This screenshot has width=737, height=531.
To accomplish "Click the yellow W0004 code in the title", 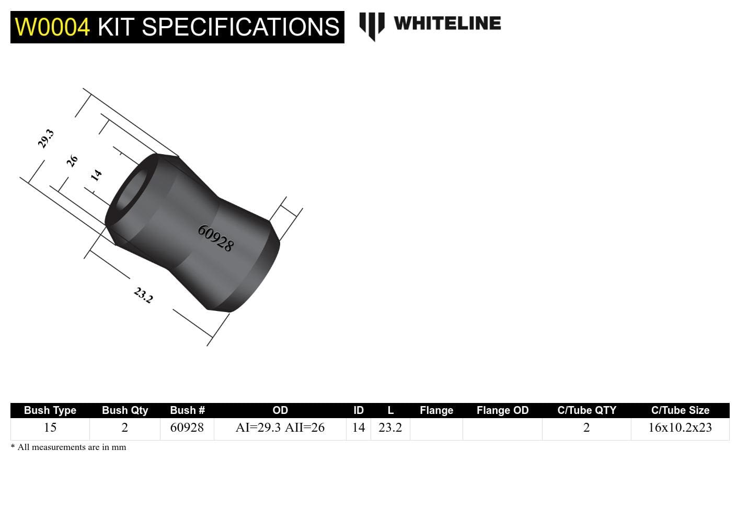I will (52, 27).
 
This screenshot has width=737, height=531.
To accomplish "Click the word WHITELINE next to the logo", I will (447, 24).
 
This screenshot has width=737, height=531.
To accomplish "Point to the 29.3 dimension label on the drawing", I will (46, 138).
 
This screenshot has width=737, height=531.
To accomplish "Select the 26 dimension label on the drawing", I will (72, 160).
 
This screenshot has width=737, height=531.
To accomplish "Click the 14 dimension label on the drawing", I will (96, 175).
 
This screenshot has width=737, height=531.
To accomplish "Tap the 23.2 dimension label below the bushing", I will (143, 295).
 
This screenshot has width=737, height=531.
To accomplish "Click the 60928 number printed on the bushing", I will (215, 238).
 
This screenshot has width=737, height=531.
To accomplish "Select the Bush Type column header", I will (50, 410).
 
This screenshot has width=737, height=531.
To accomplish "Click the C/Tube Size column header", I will (680, 410).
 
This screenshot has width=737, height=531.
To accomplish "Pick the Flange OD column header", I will (502, 410).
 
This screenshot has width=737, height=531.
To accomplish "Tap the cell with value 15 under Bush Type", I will (50, 428).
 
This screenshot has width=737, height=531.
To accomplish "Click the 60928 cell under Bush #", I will (187, 428).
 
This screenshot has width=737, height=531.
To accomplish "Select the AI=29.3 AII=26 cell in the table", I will (280, 428).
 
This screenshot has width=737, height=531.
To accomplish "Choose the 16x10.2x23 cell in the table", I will (680, 428).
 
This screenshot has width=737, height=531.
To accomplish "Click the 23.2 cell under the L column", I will (390, 428).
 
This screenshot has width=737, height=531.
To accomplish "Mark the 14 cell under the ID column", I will (359, 428).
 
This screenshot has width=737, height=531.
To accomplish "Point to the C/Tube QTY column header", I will (586, 410).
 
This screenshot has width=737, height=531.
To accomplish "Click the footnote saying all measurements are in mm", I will (68, 447).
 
